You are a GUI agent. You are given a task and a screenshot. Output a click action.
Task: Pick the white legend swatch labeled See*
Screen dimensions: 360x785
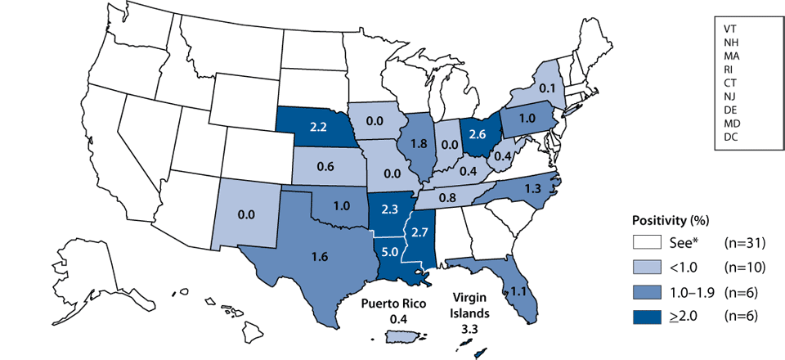tap(647, 241)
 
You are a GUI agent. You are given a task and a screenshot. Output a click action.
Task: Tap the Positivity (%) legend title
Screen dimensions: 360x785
tap(671, 222)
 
